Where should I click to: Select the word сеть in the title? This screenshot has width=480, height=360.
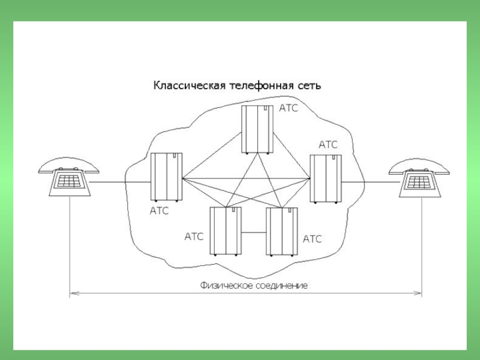[x=310, y=86]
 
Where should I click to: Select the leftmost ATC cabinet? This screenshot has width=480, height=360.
[x=166, y=176]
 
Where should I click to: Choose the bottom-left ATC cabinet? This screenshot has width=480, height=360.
[x=226, y=230]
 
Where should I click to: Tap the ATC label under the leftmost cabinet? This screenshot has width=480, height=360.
[x=159, y=211]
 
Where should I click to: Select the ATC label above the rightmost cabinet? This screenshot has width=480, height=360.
[x=328, y=145]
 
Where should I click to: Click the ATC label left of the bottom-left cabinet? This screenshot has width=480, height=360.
[x=194, y=236]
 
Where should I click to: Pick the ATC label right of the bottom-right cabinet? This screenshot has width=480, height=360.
[x=312, y=239]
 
